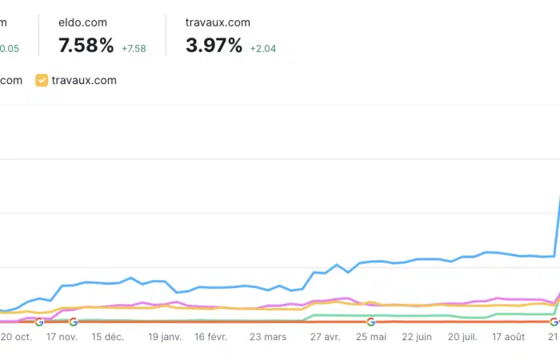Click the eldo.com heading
(x=83, y=22)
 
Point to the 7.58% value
(x=86, y=46)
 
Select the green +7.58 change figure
(x=134, y=48)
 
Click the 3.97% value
(x=214, y=46)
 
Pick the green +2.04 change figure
(x=263, y=48)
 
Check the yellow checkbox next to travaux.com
(x=42, y=81)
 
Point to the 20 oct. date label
(x=16, y=338)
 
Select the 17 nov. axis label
(x=62, y=338)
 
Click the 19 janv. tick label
(x=165, y=338)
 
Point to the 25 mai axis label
(x=370, y=338)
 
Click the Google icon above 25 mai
(x=371, y=322)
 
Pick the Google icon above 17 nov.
(x=74, y=322)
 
